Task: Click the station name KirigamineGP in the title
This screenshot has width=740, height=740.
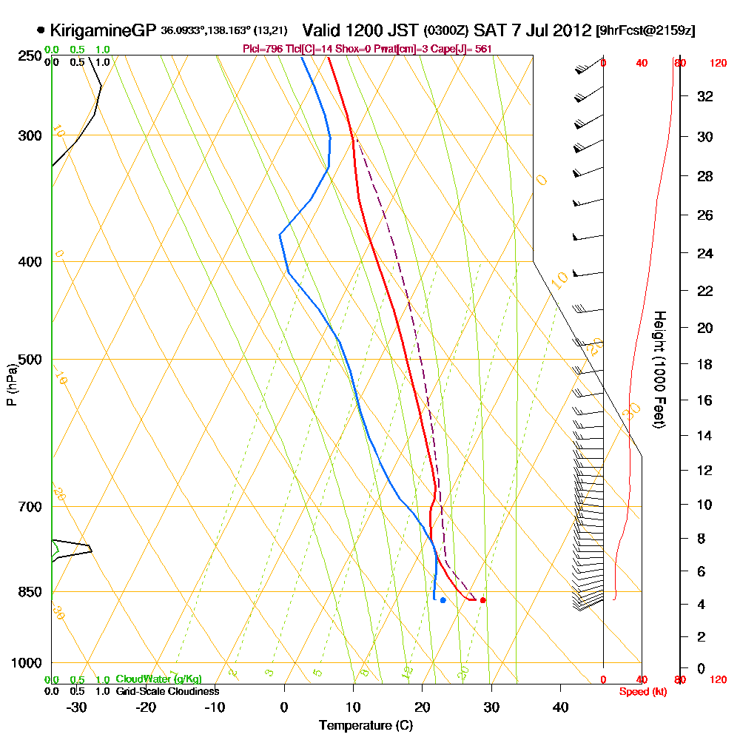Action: [103, 31]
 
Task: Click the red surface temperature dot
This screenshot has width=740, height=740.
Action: [482, 600]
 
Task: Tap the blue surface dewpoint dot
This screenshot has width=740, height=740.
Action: [443, 600]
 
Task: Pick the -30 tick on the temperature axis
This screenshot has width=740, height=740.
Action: [76, 707]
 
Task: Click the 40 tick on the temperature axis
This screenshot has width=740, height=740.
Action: [561, 707]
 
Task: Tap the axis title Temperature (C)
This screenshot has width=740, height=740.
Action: [366, 725]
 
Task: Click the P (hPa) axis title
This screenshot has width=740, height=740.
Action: [11, 384]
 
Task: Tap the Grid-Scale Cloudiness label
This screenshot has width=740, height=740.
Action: [166, 691]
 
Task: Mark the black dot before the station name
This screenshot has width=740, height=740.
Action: [40, 31]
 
